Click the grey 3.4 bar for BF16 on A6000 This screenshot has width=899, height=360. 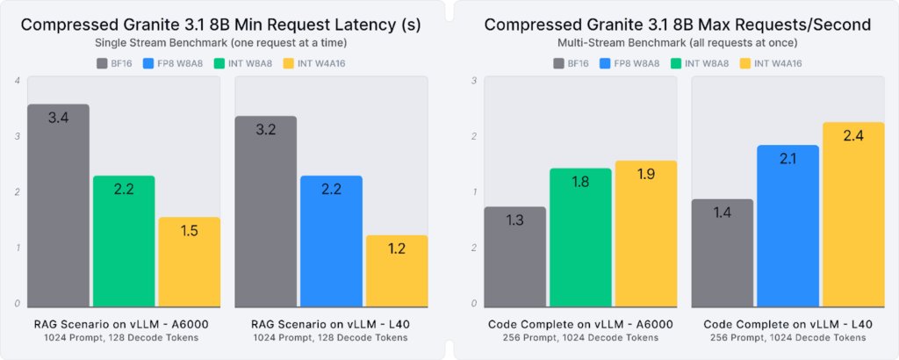pyautogui.click(x=59, y=206)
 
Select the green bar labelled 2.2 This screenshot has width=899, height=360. pyautogui.click(x=124, y=241)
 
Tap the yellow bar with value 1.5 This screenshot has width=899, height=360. pyautogui.click(x=190, y=263)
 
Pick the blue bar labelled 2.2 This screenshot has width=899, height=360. pyautogui.click(x=331, y=241)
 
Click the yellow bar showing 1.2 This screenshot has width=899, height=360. pyautogui.click(x=397, y=271)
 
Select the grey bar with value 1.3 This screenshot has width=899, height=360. pyautogui.click(x=515, y=257)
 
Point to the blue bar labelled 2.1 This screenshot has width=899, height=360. pyautogui.click(x=788, y=227)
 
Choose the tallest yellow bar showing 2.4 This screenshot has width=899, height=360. pyautogui.click(x=853, y=215)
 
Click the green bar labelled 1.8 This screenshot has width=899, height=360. pyautogui.click(x=580, y=238)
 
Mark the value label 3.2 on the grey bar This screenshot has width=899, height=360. pyautogui.click(x=265, y=129)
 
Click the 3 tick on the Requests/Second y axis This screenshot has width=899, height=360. pyautogui.click(x=474, y=81)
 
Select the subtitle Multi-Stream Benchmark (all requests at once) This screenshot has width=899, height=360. pyautogui.click(x=678, y=42)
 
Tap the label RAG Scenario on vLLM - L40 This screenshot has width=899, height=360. pyautogui.click(x=331, y=324)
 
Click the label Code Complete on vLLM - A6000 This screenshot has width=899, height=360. pyautogui.click(x=580, y=324)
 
